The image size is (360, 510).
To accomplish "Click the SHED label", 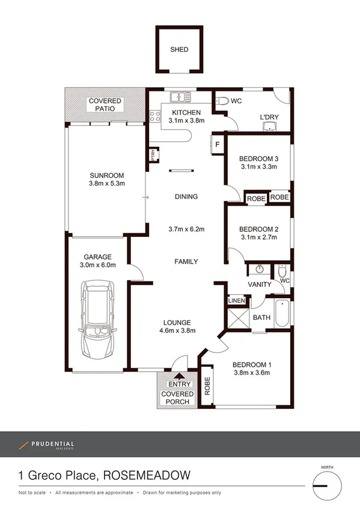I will tap(178, 51).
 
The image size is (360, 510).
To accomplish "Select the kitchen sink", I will tap(179, 96).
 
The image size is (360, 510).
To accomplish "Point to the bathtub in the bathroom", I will tap(281, 313).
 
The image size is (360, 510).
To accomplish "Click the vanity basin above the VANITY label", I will tap(260, 269).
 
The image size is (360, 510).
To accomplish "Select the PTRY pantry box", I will tap(153, 155).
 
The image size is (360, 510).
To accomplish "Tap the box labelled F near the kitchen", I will tap(218, 144).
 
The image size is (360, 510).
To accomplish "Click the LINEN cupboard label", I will tap(235, 301).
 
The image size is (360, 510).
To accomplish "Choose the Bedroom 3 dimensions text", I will tap(258, 167).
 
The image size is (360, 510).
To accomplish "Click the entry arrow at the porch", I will tap(178, 376).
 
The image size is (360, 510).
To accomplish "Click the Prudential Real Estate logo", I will tap(46, 445).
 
